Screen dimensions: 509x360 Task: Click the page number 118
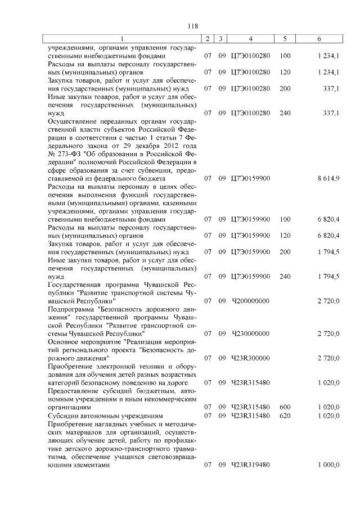(192, 26)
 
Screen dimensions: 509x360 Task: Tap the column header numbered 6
(319, 39)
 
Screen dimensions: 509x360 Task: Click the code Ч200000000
(250, 301)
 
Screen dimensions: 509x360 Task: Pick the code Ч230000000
(250, 334)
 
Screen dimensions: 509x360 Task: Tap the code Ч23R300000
(250, 358)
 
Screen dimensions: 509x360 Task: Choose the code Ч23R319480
(250, 465)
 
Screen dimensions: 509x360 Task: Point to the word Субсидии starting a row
(65, 415)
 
